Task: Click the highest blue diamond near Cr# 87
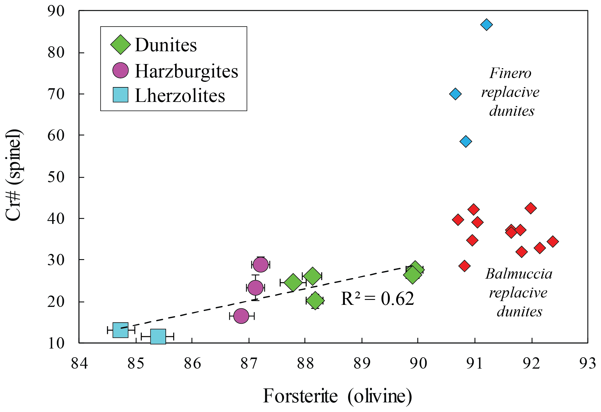[486, 24]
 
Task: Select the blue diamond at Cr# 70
[455, 94]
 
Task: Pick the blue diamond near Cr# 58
[466, 142]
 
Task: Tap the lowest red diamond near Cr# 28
[464, 266]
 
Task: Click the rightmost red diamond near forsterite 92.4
[552, 241]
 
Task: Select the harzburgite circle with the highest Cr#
[260, 265]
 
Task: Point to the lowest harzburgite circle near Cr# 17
[241, 316]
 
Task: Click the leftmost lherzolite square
[120, 330]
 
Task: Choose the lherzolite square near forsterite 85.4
[158, 337]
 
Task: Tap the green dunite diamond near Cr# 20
[315, 300]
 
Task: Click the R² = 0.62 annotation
[377, 299]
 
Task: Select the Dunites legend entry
[165, 45]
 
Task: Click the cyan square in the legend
[120, 95]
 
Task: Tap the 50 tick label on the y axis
[56, 177]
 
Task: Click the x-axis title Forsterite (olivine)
[337, 396]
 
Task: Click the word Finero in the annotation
[510, 73]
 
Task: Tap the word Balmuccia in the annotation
[519, 274]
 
